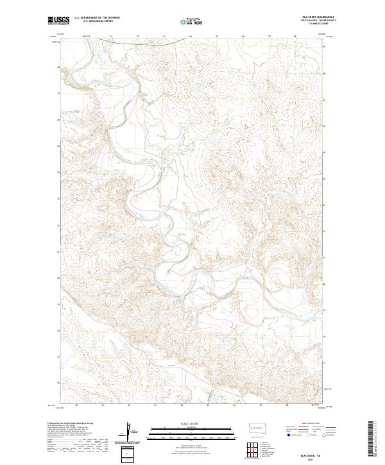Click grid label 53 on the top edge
pyautogui.click(x=164, y=37)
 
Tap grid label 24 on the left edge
pyautogui.click(x=58, y=172)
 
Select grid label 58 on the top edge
pyautogui.click(x=295, y=37)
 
